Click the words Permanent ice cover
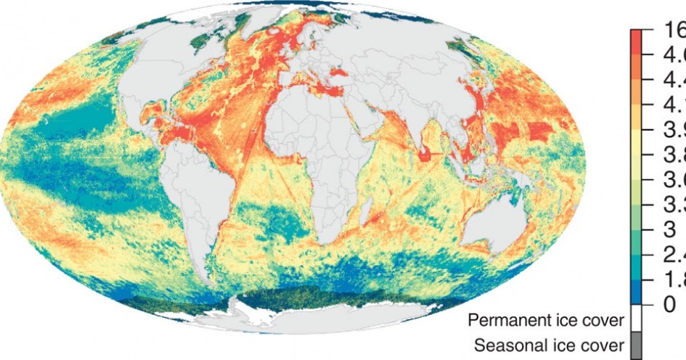click(x=545, y=320)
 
